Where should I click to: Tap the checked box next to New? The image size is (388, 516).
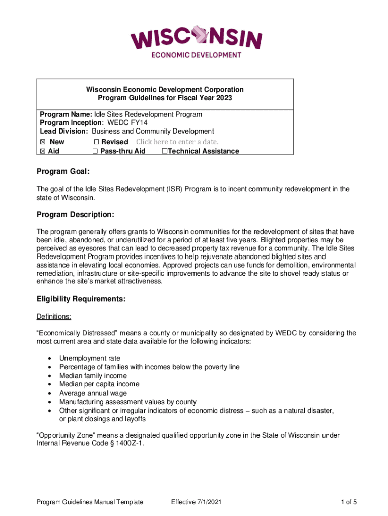tap(43, 142)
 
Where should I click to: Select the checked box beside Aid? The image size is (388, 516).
tap(43, 151)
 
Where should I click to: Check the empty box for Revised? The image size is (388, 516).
tap(97, 142)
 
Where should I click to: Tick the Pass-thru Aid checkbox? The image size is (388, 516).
tap(95, 151)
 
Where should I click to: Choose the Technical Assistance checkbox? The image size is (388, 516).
tap(164, 151)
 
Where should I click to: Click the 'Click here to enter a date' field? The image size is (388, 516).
tap(177, 142)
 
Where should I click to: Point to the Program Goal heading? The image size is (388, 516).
tap(63, 172)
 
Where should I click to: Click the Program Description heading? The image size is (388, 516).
tap(76, 215)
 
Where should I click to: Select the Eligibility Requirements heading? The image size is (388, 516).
tap(81, 299)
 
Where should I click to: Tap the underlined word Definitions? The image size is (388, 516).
tap(54, 317)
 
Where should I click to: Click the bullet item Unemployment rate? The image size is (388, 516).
tap(90, 358)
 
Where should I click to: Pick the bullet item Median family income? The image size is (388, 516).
tap(93, 376)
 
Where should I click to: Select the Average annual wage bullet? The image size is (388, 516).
tap(93, 393)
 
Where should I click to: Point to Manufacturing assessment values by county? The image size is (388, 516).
tap(127, 402)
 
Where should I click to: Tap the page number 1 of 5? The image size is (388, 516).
tap(348, 502)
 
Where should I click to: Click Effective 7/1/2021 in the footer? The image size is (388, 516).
tap(196, 502)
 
